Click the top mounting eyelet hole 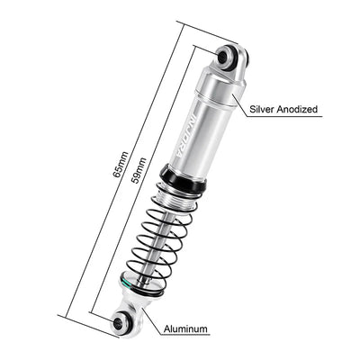228,59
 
